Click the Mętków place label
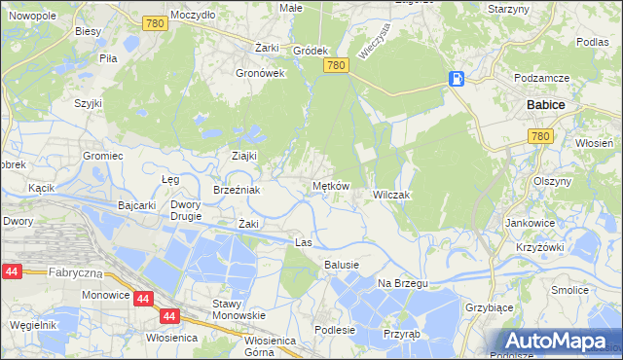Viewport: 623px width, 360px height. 330,186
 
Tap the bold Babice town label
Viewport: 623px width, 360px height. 546,103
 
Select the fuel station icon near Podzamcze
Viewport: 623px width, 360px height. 457,79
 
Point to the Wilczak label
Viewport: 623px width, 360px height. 392,195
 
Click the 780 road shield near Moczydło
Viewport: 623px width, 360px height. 152,22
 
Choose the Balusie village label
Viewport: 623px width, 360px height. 342,265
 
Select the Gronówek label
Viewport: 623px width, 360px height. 260,72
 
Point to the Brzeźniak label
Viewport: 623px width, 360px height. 237,190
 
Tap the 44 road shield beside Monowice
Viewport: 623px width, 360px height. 143,300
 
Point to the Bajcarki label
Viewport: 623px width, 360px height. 136,205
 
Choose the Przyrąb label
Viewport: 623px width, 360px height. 400,332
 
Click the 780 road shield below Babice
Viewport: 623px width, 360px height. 541,138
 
